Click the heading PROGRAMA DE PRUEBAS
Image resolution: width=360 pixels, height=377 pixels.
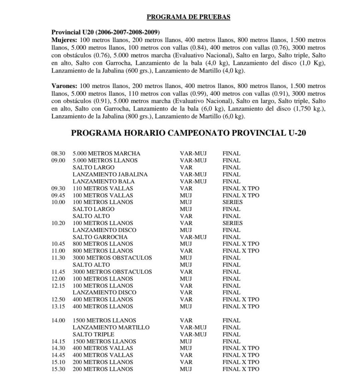click(x=188, y=17)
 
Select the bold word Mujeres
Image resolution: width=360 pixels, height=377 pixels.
click(x=64, y=40)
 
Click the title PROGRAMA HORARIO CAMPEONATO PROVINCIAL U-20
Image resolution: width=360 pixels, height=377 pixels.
click(x=188, y=133)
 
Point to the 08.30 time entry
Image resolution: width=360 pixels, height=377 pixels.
click(x=58, y=154)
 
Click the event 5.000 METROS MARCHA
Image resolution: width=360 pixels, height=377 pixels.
click(x=106, y=154)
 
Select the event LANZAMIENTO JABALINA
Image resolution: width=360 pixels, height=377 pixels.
click(x=110, y=175)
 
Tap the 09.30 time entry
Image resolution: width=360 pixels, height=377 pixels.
click(x=58, y=188)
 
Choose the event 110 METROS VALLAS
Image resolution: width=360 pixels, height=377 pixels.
click(x=103, y=188)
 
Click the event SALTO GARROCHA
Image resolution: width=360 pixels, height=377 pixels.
click(x=100, y=237)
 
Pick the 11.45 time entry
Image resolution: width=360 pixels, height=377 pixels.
click(x=58, y=272)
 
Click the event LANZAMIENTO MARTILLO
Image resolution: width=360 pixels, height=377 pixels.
click(x=111, y=327)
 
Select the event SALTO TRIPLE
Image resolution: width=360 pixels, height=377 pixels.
click(x=93, y=334)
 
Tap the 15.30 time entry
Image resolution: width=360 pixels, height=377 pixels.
click(x=58, y=369)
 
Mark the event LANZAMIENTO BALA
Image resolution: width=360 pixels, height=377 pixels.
click(x=103, y=182)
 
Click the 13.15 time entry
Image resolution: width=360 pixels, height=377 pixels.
click(x=58, y=306)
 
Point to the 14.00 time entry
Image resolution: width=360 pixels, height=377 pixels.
click(x=58, y=320)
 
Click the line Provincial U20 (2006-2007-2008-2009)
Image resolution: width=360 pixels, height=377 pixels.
click(x=106, y=32)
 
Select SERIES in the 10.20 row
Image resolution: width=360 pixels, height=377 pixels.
click(x=232, y=223)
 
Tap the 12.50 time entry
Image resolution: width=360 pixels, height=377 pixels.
click(x=58, y=299)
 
